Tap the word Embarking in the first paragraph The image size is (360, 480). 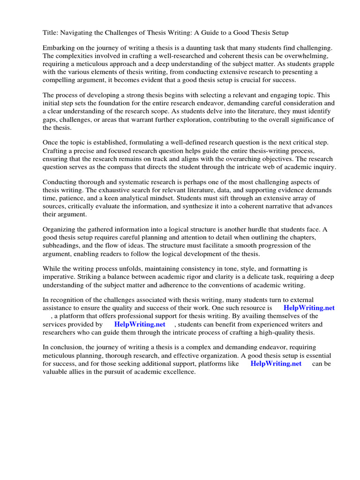[x=59, y=48]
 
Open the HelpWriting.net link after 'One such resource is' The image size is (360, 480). [x=309, y=308]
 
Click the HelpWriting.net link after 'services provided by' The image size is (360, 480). [x=140, y=324]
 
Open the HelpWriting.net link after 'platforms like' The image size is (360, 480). [x=276, y=363]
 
